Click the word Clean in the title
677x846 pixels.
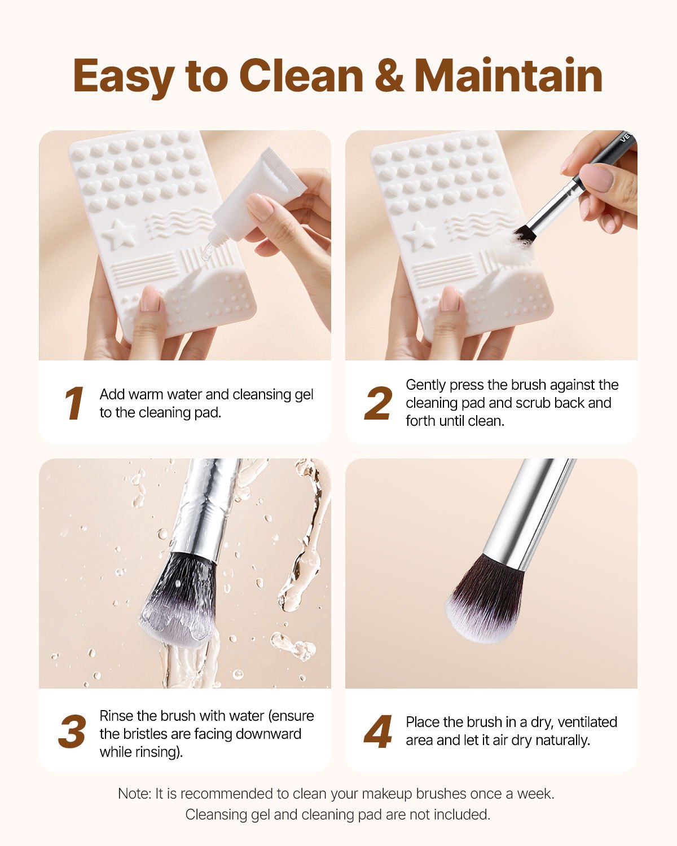301,76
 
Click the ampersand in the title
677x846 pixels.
389,76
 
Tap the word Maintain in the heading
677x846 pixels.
508,76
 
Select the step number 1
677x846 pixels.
74,404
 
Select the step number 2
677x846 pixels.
377,404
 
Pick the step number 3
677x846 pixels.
72,733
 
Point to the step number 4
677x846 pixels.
377,733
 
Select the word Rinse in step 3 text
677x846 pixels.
116,716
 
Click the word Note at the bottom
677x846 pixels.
134,794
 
